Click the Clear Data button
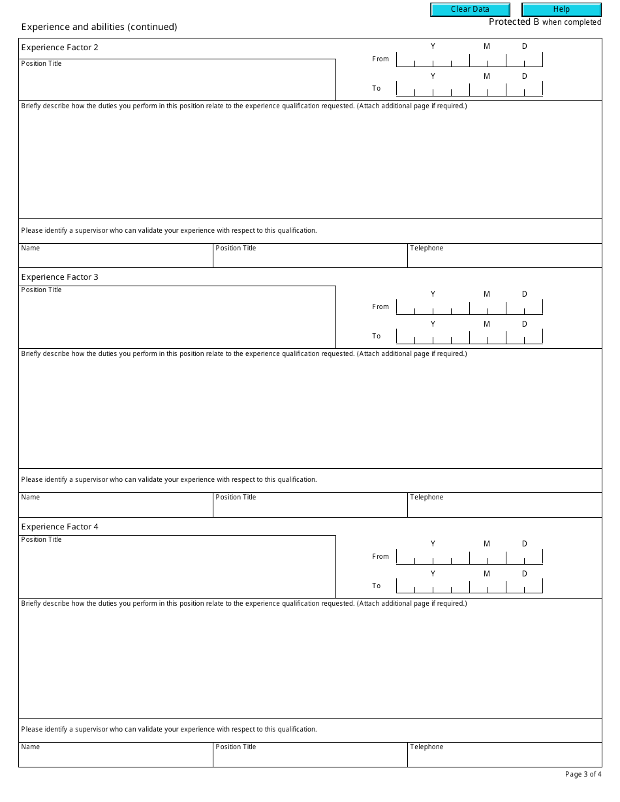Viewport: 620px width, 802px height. pos(470,10)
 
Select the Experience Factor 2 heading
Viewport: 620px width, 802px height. pos(60,48)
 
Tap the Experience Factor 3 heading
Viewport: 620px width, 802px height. pos(60,277)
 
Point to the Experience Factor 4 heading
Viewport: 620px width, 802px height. pos(60,527)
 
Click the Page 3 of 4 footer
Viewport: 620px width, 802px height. pos(583,775)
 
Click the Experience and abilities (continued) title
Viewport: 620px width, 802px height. pos(99,27)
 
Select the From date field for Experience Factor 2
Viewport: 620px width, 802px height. pos(469,60)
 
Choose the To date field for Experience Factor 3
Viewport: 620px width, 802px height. pos(469,337)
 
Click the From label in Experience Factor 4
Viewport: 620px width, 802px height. pos(380,557)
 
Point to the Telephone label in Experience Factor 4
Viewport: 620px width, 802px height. pos(427,747)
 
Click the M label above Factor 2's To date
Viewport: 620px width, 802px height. pos(487,77)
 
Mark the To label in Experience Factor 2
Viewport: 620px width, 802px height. pos(377,89)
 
